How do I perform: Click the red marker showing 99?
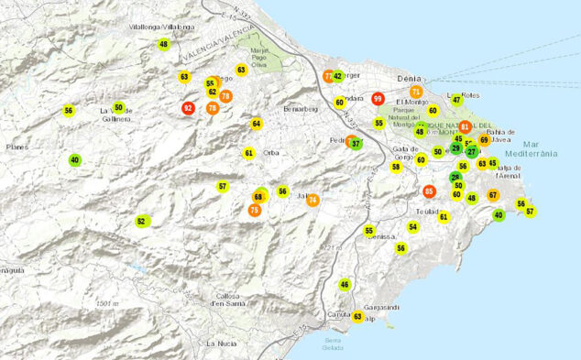(378, 99)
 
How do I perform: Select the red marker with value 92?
(189, 108)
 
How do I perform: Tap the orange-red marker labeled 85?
(429, 191)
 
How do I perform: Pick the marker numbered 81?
(466, 127)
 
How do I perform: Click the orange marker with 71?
(416, 93)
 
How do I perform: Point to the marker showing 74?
(312, 201)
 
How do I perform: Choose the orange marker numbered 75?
(254, 211)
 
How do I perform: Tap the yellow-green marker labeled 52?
(142, 221)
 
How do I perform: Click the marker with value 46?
(345, 285)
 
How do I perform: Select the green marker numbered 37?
(356, 144)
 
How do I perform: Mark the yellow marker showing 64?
(257, 124)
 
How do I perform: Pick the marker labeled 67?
(493, 194)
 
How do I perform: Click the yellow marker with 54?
(413, 227)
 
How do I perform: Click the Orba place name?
(270, 153)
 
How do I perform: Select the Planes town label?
(15, 147)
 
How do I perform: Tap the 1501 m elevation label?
(106, 303)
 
